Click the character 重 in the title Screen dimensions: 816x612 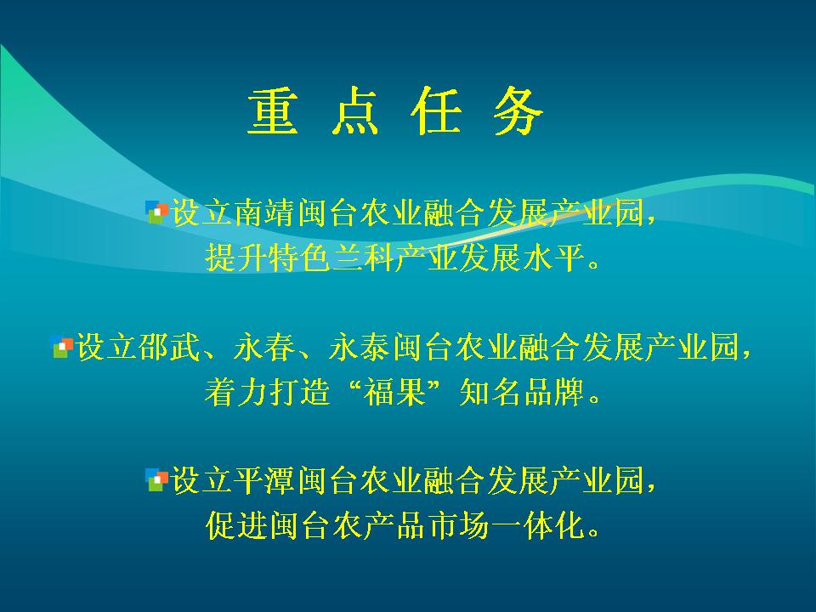pos(273,110)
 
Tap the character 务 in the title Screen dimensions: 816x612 pos(518,110)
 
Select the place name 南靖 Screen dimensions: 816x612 pos(265,212)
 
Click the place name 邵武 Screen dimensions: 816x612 pos(169,347)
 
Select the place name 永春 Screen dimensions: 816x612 pos(265,347)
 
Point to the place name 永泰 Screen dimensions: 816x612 pos(360,347)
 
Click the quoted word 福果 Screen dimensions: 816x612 pos(394,392)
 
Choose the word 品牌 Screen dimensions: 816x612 pos(553,392)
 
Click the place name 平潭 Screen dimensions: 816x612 pos(265,479)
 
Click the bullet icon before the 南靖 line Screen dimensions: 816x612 pos(156,212)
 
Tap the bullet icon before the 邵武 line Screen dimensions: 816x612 pos(61,347)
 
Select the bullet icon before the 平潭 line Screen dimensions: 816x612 pos(156,479)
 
